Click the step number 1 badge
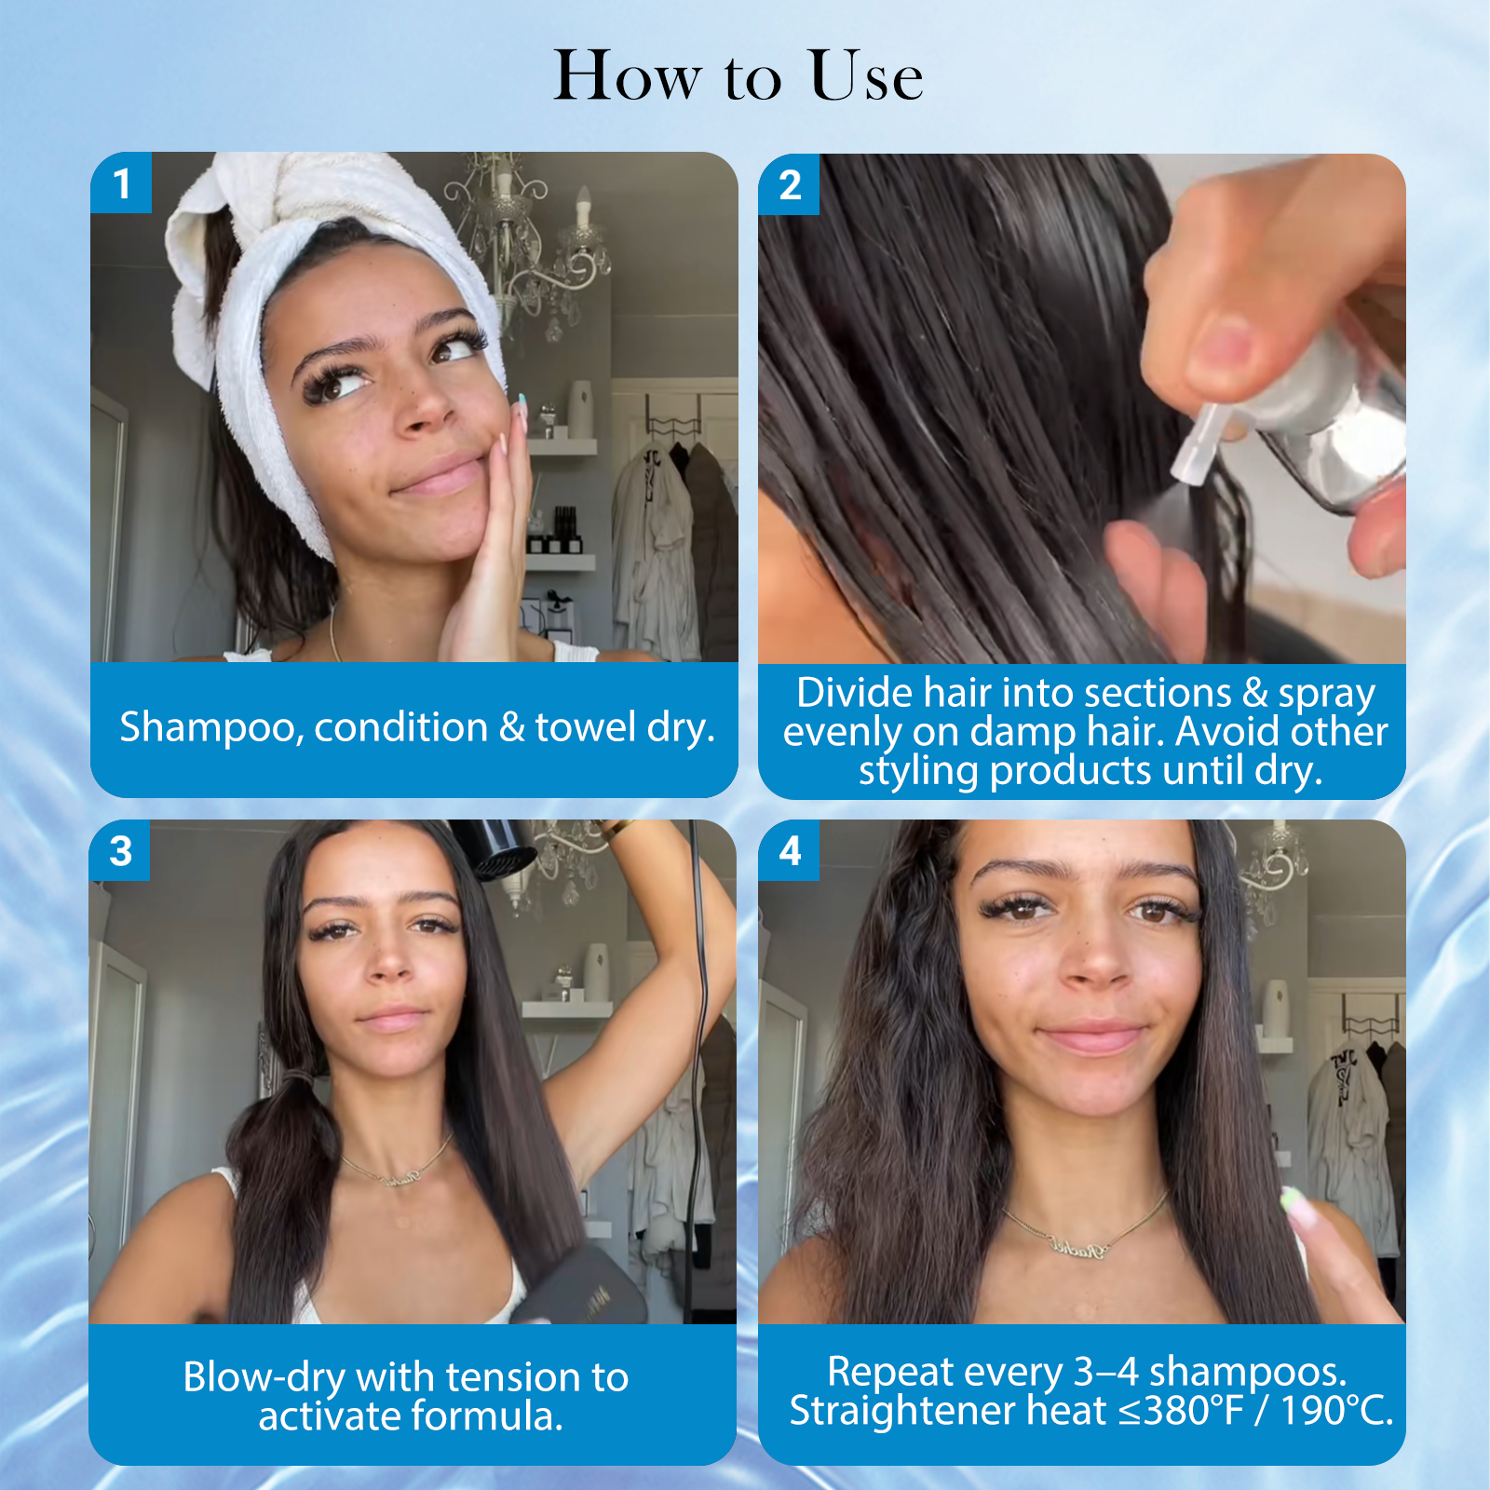pos(121,183)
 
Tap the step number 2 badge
pos(789,184)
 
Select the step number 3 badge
pos(120,850)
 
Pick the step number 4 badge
pos(789,850)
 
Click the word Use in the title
pos(866,75)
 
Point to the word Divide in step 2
pos(855,693)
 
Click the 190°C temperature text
pos(1336,1411)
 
